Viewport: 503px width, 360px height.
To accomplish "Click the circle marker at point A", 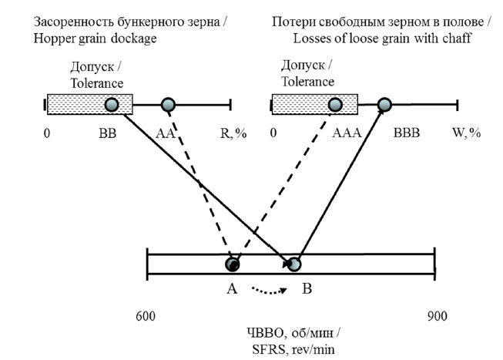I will coord(232,264).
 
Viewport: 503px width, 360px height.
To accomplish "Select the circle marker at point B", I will coord(294,264).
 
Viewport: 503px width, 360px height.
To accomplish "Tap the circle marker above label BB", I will coord(112,104).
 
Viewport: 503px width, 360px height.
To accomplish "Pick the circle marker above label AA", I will coord(168,104).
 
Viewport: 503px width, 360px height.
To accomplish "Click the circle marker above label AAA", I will coord(335,104).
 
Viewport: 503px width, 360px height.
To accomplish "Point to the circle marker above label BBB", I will coord(384,104).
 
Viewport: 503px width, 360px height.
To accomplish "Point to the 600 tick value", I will coord(146,316).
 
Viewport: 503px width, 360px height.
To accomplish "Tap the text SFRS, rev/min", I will coord(292,348).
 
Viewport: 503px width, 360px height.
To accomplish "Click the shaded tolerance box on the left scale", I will coord(77,104).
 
